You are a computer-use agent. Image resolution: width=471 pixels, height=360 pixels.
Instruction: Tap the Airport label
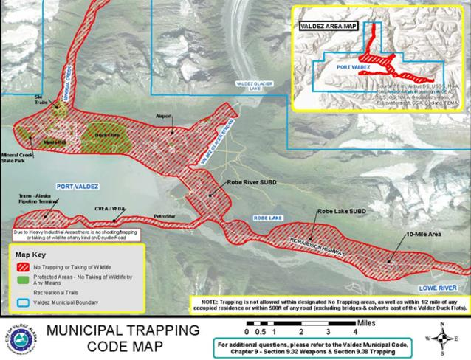tap(163, 117)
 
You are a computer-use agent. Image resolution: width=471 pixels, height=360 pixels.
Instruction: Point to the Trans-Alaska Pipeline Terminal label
tap(39, 199)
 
